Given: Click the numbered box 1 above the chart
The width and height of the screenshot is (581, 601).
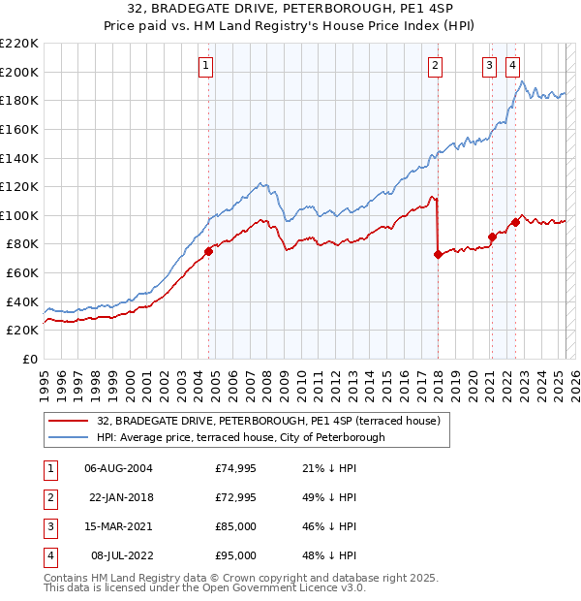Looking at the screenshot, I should (207, 66).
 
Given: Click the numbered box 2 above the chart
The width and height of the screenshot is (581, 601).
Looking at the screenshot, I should (436, 66).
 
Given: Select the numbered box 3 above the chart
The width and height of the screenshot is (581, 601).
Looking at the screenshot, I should (490, 66).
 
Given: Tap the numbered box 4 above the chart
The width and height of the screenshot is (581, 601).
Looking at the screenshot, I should (512, 66).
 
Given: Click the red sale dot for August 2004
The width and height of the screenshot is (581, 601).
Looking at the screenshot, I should (208, 251).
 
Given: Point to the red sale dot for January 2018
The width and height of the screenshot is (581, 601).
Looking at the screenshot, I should (438, 255).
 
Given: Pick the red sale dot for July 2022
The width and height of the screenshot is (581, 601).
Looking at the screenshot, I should (515, 222).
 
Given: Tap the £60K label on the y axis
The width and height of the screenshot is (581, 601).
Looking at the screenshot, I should (23, 272).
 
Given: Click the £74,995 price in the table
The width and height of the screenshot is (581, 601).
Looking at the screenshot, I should (236, 468).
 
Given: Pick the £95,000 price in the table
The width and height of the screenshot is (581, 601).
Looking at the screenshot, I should (236, 555).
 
